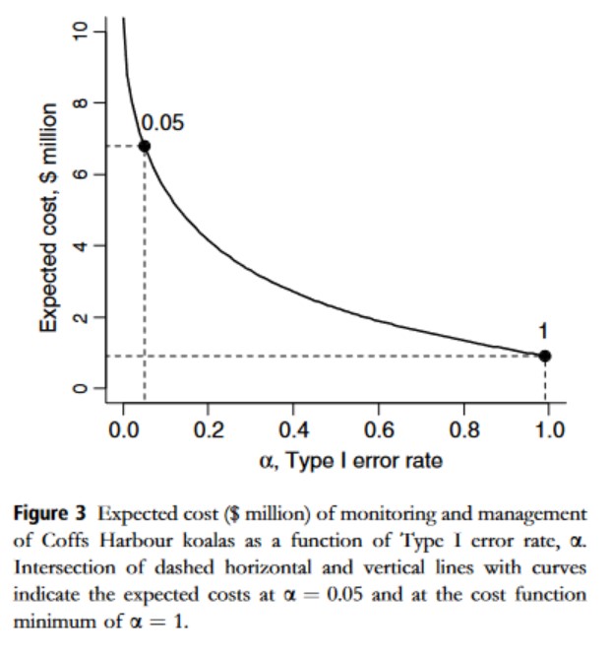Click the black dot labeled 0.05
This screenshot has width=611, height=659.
point(145,146)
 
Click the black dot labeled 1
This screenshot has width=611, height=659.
point(545,356)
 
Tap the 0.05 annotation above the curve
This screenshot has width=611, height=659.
point(162,123)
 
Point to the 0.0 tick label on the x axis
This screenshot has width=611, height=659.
point(123,429)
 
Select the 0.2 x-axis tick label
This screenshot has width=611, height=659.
point(209,429)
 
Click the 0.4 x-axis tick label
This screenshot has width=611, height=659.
point(293,429)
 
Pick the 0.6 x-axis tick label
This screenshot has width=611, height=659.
point(379,429)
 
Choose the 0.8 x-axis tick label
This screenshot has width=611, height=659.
point(464,429)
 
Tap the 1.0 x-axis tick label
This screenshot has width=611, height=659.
point(549,429)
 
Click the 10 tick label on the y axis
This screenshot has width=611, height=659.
point(80,32)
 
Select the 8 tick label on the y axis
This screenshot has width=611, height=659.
point(80,102)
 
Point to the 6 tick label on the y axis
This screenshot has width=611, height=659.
point(80,174)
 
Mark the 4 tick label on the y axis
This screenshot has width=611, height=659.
point(80,245)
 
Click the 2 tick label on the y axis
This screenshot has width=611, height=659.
point(80,317)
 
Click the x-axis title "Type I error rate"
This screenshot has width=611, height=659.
point(363,461)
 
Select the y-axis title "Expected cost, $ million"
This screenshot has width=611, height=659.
point(48,218)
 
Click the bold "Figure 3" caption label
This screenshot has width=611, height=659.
point(49,513)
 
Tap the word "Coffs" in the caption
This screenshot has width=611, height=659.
point(65,541)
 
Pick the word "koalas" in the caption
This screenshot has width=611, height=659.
point(209,541)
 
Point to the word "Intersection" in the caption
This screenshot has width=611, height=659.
point(64,567)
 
